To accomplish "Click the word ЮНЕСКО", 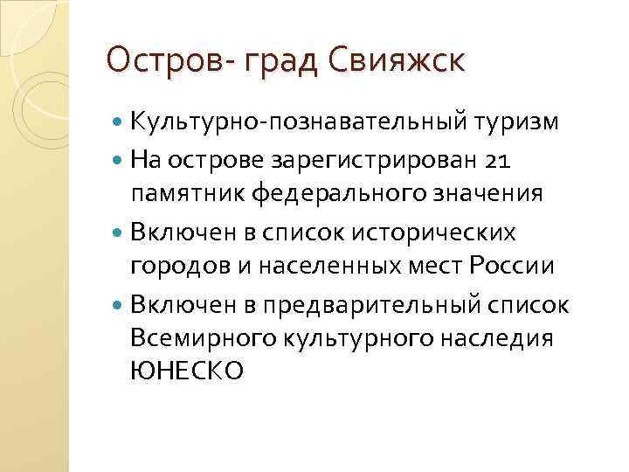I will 186,371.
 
